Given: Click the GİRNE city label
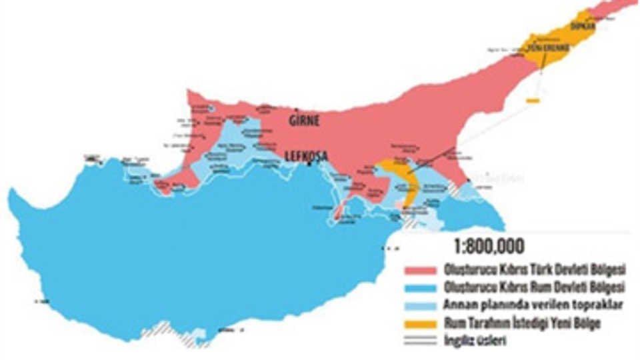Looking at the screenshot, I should point(304,121).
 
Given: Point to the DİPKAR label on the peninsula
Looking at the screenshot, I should point(582,26).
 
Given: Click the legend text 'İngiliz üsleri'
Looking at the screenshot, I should point(471,337).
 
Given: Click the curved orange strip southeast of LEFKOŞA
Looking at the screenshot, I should point(408,180).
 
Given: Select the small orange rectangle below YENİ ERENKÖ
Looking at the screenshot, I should point(532,101).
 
